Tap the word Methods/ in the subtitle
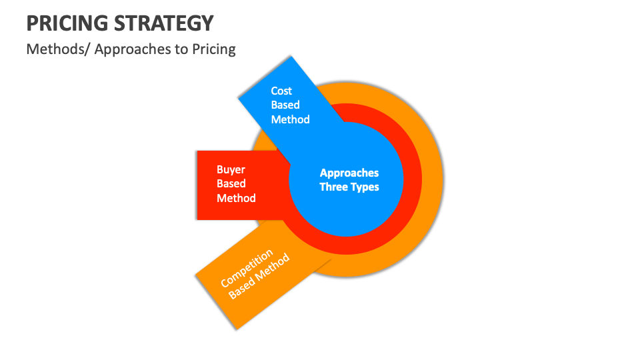pyautogui.click(x=58, y=49)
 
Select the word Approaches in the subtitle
pyautogui.click(x=133, y=49)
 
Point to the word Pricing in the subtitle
pyautogui.click(x=214, y=49)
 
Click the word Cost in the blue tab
pyautogui.click(x=281, y=91)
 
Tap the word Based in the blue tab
pyautogui.click(x=285, y=105)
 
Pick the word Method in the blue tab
pyautogui.click(x=290, y=119)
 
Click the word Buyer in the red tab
pyautogui.click(x=231, y=169)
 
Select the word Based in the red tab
pyautogui.click(x=231, y=183)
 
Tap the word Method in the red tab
pyautogui.click(x=236, y=198)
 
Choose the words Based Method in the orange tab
pyautogui.click(x=259, y=277)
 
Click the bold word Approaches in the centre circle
pyautogui.click(x=349, y=173)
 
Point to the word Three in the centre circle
pyautogui.click(x=334, y=187)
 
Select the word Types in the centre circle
pyautogui.click(x=365, y=187)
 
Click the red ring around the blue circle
pyautogui.click(x=411, y=180)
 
